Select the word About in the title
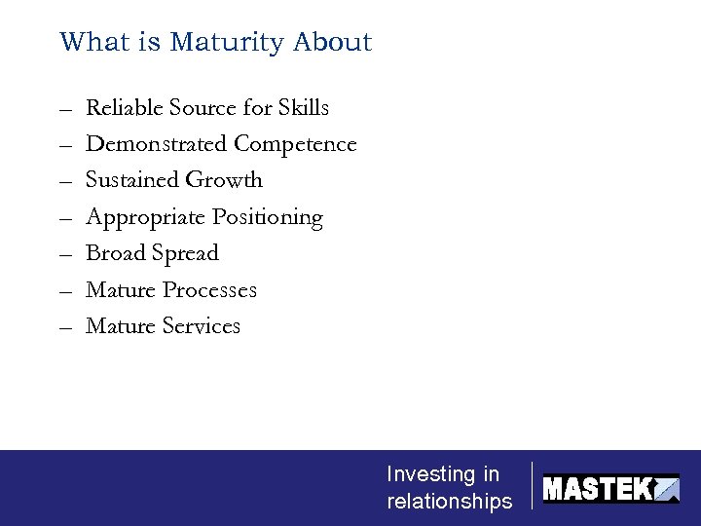coord(333,43)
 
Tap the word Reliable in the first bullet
coord(125,107)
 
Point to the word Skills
coord(304,107)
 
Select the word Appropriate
coord(145,217)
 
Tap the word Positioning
coord(268,217)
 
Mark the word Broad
coord(112,253)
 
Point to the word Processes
coord(210,290)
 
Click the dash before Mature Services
coord(65,328)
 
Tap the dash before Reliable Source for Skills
coord(65,109)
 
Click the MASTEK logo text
coord(597,488)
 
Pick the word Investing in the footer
coord(429,474)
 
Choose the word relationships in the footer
coord(449,502)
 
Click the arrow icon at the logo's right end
coord(667,489)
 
